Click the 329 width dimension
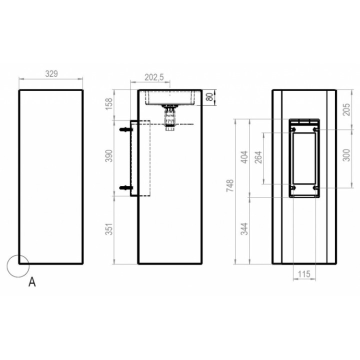click(x=51, y=73)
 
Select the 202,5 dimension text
click(x=154, y=77)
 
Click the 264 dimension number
click(x=259, y=158)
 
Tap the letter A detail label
click(x=32, y=282)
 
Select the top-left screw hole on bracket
click(x=292, y=130)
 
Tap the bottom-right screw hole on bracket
click(x=315, y=187)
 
